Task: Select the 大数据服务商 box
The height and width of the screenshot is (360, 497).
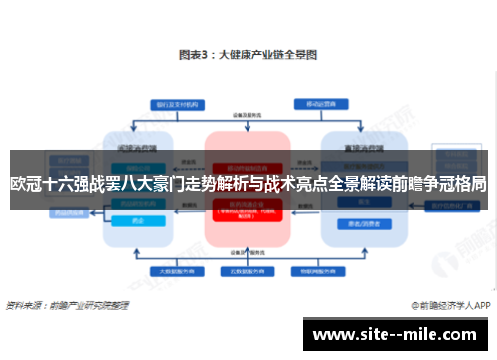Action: coord(168,270)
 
